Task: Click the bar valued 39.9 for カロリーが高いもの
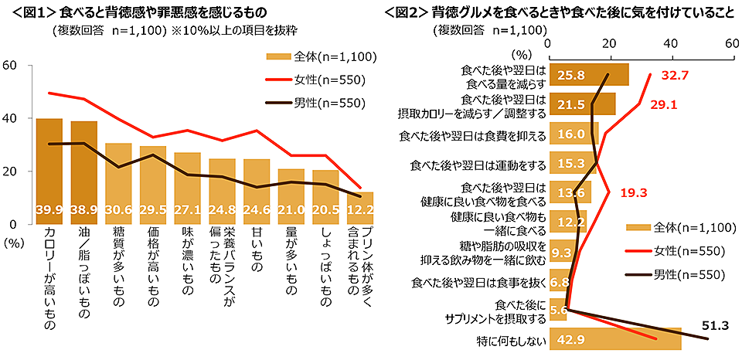[x=49, y=171]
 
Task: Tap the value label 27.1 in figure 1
[x=187, y=210]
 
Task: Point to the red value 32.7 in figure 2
[x=674, y=76]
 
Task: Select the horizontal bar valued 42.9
[x=614, y=340]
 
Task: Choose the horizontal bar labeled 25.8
[x=588, y=76]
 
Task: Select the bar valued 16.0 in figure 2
[x=573, y=134]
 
